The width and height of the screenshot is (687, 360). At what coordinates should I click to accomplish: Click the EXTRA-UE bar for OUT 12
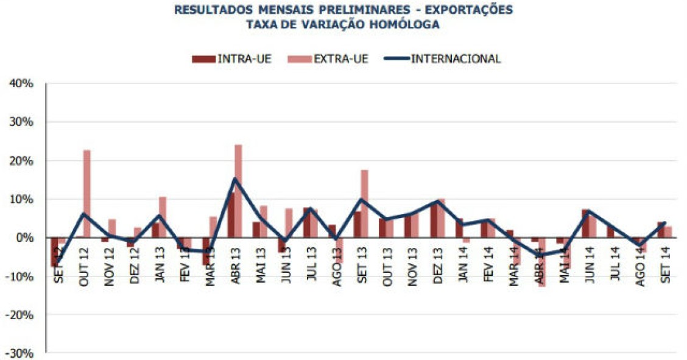click(87, 194)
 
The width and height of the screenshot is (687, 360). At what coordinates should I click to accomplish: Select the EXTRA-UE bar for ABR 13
click(238, 191)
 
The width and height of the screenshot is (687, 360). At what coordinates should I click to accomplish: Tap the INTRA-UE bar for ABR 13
click(231, 215)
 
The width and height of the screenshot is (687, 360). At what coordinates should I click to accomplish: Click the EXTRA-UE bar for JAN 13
click(163, 217)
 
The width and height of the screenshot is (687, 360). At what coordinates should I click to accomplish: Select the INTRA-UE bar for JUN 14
click(585, 224)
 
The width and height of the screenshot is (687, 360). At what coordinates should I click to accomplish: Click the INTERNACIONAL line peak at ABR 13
click(234, 179)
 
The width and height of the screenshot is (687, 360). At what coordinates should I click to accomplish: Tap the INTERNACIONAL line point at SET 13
click(361, 199)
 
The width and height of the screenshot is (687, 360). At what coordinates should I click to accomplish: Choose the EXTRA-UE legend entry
click(340, 59)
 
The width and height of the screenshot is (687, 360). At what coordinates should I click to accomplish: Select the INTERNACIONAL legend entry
click(456, 59)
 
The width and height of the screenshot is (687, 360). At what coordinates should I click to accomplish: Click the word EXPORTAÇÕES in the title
click(470, 10)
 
